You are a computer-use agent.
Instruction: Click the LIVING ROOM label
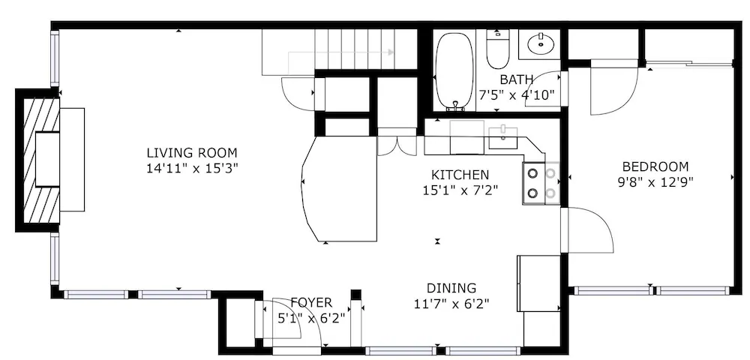pos(192,154)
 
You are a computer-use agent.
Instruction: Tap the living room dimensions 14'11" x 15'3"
pos(192,169)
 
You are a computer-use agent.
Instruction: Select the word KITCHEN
pos(460,175)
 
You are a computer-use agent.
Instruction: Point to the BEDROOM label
pos(655,166)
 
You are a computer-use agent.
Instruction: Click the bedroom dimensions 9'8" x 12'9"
pos(655,181)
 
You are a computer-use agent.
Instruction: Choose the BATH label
pos(517,79)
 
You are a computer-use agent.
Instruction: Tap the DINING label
pos(451,288)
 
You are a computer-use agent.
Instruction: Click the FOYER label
pos(311,303)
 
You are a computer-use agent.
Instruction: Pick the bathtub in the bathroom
pos(454,70)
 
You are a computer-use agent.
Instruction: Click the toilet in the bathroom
pos(498,49)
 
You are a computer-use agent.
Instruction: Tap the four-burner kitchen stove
pos(541,184)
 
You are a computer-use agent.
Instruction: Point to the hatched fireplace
pos(42,160)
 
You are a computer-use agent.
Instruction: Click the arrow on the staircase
pos(341,52)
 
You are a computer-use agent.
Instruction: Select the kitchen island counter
pos(340,189)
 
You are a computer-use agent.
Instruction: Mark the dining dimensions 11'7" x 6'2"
pos(451,304)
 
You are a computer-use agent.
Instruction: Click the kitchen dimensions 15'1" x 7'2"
pos(460,190)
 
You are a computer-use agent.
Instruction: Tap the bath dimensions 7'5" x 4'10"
pos(517,94)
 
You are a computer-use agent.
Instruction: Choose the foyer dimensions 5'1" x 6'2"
pos(311,318)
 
